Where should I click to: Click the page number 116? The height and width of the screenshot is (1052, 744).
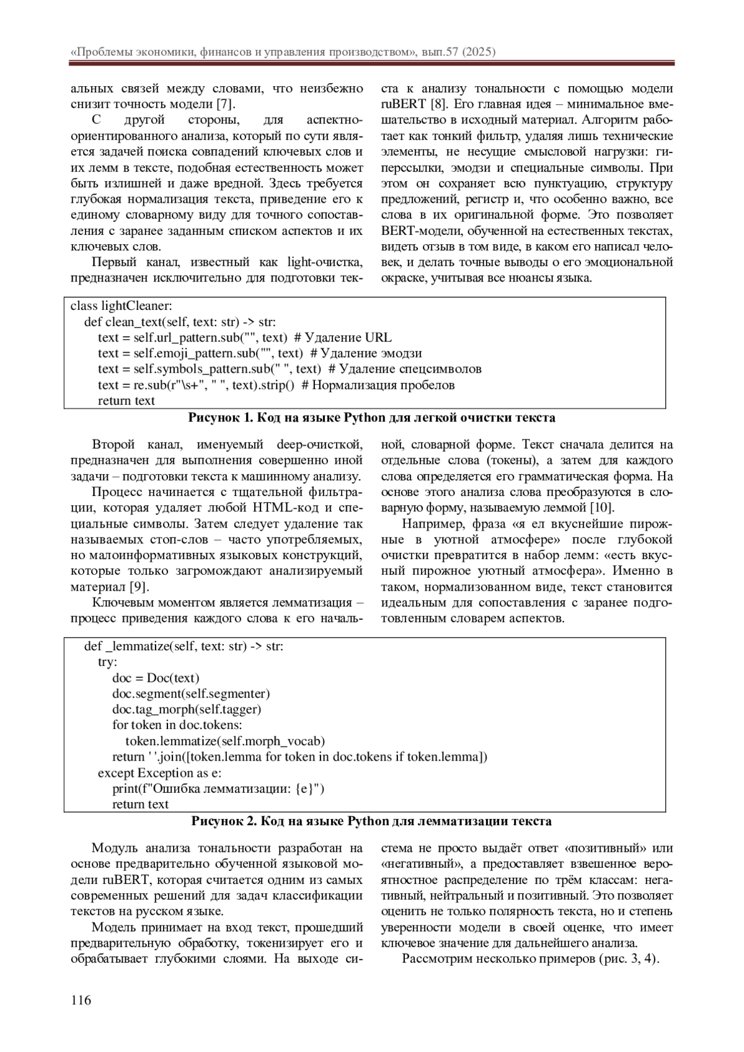[x=81, y=1000]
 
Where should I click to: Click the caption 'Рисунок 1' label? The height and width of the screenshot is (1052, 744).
[x=219, y=418]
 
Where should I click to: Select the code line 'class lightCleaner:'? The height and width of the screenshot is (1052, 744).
[x=122, y=306]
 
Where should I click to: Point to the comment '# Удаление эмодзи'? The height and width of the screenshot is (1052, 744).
[x=366, y=353]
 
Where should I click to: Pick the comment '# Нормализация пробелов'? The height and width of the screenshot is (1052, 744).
[x=378, y=385]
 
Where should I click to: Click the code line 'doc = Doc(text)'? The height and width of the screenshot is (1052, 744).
[x=156, y=678]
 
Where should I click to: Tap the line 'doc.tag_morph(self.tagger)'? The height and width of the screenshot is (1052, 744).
[x=187, y=709]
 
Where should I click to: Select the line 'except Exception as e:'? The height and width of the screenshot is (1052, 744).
[x=159, y=773]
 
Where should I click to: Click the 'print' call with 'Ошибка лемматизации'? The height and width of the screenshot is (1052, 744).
[x=218, y=789]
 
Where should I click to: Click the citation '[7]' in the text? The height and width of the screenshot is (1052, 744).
[x=224, y=105]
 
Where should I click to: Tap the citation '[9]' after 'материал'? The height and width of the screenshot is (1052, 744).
[x=139, y=587]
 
